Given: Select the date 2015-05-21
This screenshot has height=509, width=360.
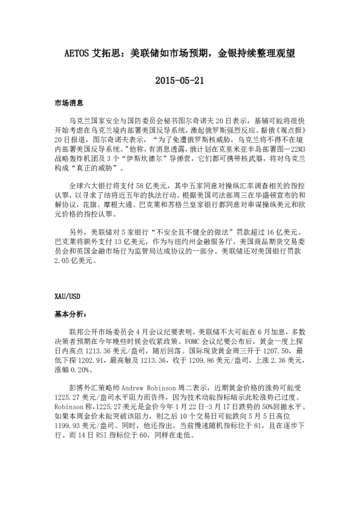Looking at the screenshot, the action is (180, 80).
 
